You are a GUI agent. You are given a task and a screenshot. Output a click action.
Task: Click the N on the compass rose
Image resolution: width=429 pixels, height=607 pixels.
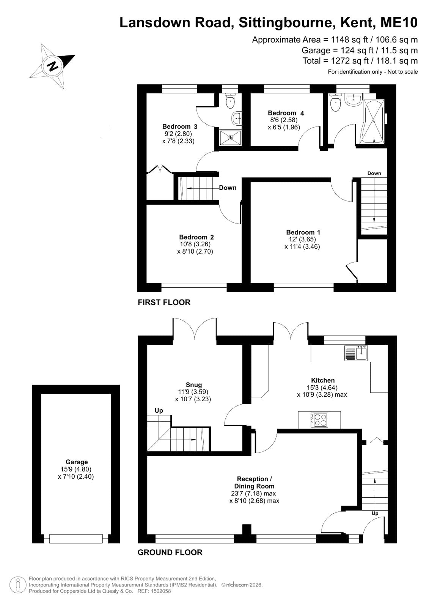coord(53,65)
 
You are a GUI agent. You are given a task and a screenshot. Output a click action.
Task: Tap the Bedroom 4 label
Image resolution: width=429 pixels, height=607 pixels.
coord(286,113)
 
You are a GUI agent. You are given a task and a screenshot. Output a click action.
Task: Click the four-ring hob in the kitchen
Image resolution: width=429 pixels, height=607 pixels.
coord(319,420)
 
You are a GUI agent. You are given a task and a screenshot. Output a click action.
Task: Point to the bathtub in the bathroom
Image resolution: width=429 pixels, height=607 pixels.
coord(374,122)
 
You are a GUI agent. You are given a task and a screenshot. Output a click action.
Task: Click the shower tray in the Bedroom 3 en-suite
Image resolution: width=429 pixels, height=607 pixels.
coord(230,138)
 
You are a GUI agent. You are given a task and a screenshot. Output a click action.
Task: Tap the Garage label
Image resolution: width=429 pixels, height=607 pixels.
coord(77,462)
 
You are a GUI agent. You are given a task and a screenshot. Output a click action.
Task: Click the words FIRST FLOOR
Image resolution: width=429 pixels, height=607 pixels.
coord(164,303)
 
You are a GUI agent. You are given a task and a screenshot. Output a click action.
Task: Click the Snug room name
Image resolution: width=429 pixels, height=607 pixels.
coord(194,385)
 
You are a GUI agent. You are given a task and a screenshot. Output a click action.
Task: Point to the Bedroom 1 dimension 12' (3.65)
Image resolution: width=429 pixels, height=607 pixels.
coord(302,239)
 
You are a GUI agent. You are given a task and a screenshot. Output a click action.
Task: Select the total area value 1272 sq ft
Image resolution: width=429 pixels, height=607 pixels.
coord(350,61)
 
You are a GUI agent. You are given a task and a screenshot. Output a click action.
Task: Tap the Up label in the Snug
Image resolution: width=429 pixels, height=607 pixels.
coord(159,410)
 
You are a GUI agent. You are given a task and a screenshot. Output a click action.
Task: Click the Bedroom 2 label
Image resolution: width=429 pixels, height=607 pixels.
coord(196,237)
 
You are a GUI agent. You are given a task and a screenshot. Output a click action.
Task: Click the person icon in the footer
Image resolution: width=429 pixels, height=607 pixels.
coord(18,585)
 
